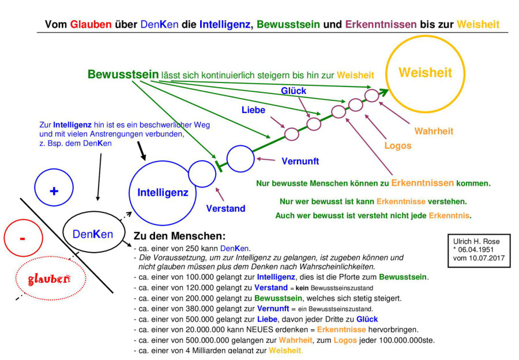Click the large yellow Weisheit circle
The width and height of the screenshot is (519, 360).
(425, 74)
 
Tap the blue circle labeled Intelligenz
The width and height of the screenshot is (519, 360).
(162, 192)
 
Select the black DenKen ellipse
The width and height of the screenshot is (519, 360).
(93, 234)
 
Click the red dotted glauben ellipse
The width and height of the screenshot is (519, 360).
(50, 279)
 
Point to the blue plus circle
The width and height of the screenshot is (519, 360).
(54, 190)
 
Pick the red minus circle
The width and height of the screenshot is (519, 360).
(22, 238)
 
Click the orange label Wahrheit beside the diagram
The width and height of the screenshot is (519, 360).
(434, 132)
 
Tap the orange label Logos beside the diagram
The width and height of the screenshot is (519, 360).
(398, 145)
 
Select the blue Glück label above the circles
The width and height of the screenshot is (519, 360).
(294, 91)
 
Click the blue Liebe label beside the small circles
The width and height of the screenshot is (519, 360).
(253, 110)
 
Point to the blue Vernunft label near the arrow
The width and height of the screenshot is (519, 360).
(300, 162)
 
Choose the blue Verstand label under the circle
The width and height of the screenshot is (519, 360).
(225, 208)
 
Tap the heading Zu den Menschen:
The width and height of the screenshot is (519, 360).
(179, 237)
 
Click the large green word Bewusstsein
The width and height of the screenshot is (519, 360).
(123, 74)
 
